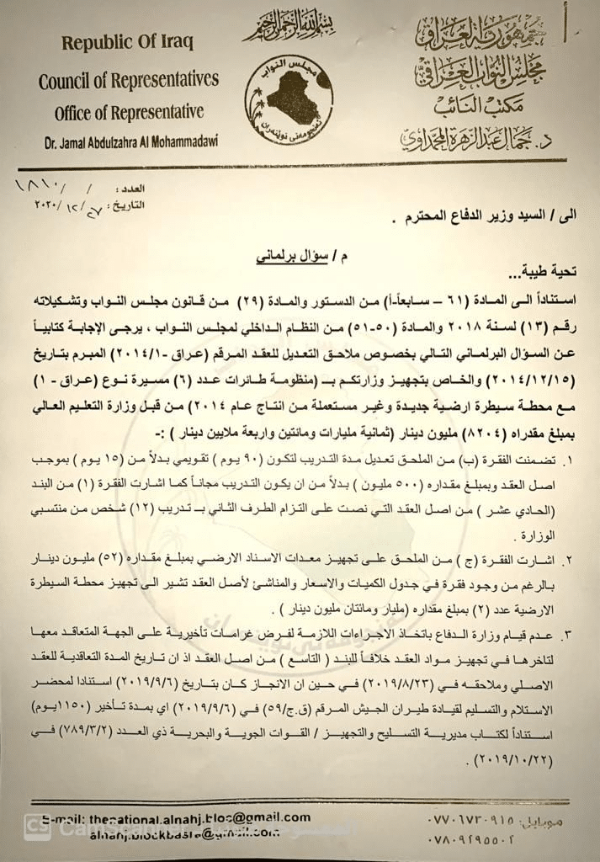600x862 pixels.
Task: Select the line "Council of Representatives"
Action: [x=128, y=80]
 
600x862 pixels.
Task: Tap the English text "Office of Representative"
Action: [x=129, y=112]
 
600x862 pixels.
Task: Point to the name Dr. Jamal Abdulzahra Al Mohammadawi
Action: [x=129, y=143]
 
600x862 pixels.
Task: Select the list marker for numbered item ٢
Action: [x=575, y=560]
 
